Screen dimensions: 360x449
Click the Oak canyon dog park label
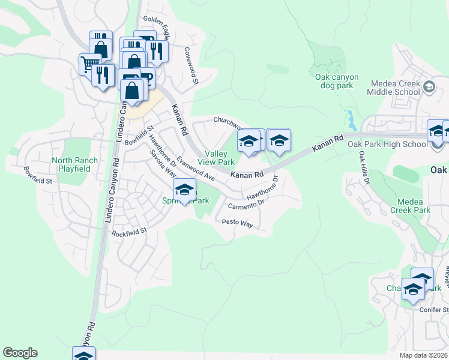point(337,81)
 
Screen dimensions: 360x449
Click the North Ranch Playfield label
point(71,164)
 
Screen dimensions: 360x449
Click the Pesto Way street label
point(238,223)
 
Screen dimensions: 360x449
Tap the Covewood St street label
point(191,66)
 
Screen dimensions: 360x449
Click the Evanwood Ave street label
point(195,170)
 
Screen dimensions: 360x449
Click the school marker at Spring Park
point(184,190)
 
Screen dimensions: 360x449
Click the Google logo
point(20,353)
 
